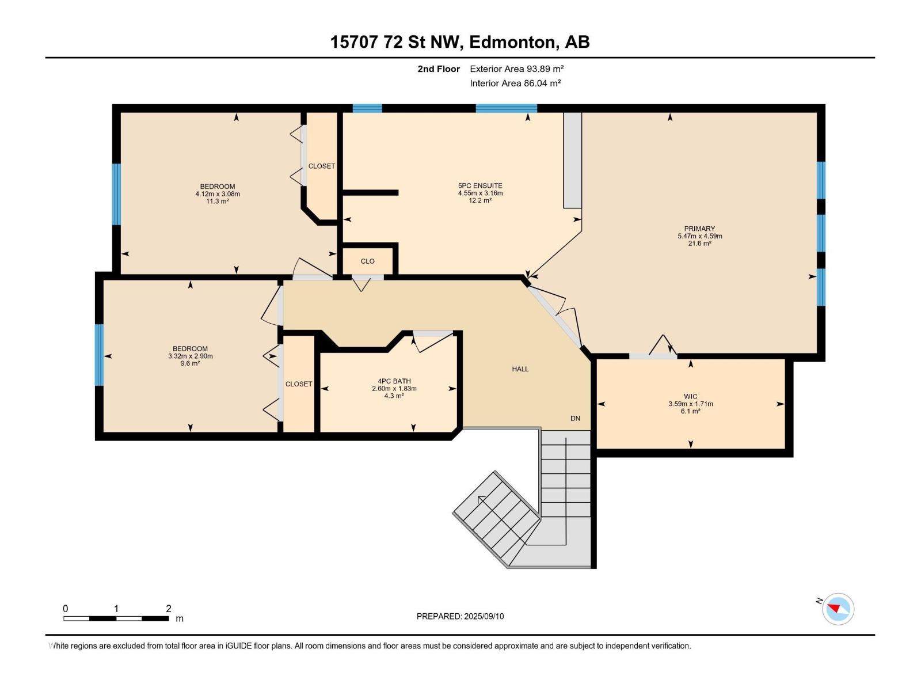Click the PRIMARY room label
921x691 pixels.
coord(699,229)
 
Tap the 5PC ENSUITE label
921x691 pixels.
coord(480,185)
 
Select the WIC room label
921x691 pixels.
coord(690,397)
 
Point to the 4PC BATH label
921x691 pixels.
coord(394,381)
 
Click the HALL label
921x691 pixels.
coord(520,369)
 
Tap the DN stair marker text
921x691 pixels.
coord(575,418)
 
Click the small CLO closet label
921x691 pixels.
coord(368,261)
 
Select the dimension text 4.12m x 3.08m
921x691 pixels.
coord(218,194)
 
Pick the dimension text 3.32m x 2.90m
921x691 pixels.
coord(190,356)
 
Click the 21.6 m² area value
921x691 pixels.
coord(699,244)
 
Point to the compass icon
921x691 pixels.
coord(838,609)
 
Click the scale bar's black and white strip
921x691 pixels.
coord(116,618)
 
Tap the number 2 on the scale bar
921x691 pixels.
coord(169,608)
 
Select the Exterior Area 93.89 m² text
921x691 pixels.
coord(516,69)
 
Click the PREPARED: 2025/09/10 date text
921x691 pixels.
coord(460,616)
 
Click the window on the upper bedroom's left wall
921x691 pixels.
coord(116,194)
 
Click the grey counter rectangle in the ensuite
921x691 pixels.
coord(572,160)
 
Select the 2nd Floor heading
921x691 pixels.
coord(439,69)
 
